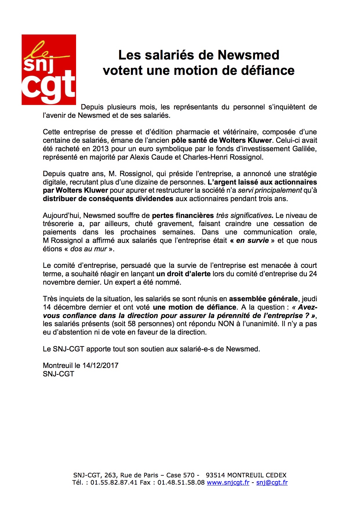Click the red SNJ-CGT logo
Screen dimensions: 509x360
click(49, 70)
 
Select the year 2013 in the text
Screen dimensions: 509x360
click(100, 149)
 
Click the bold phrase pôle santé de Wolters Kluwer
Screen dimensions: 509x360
click(222, 140)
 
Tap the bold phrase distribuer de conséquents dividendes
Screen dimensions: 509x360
click(108, 199)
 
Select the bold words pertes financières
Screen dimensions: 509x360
click(183, 216)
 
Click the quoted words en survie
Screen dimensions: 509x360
click(252, 241)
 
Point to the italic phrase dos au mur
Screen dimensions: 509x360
click(89, 249)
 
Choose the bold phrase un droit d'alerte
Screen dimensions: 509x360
click(183, 274)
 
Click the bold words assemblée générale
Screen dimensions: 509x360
click(263, 299)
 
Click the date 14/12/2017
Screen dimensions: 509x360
click(100, 365)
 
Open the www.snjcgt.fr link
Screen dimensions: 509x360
click(228, 483)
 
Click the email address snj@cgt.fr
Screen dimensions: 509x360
click(272, 483)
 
